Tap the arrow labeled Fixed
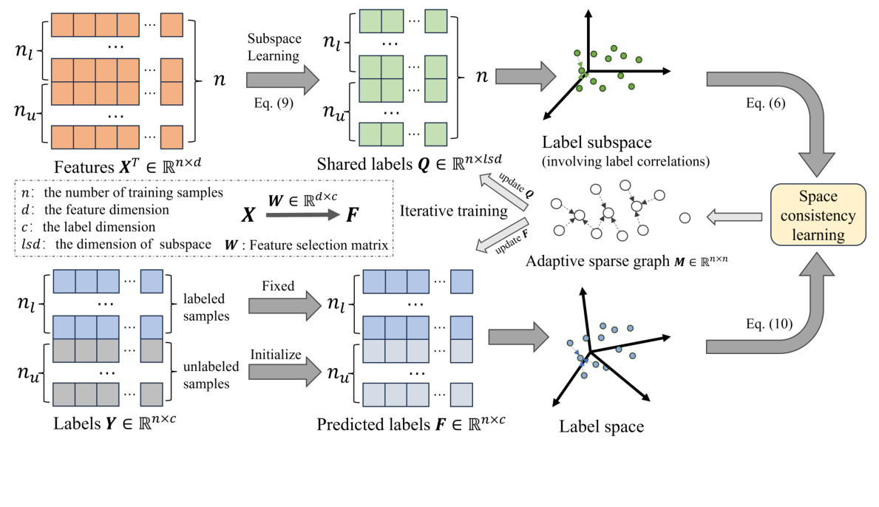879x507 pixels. pyautogui.click(x=284, y=303)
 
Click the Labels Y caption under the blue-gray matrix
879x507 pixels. pyautogui.click(x=114, y=423)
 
